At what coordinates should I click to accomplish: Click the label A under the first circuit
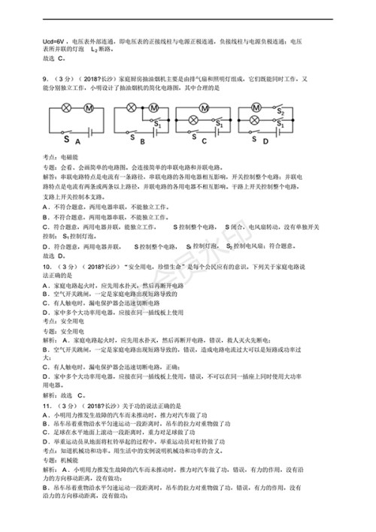[77, 141]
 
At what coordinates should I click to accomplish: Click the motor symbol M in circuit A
[88, 109]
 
